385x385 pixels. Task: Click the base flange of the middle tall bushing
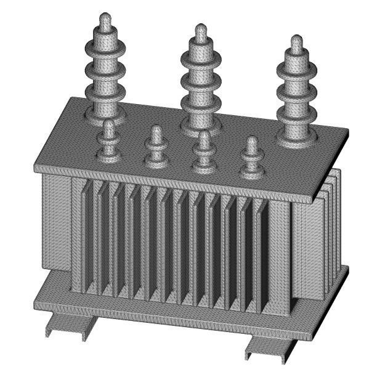pos(201,128)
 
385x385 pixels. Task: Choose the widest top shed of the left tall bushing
pos(105,45)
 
